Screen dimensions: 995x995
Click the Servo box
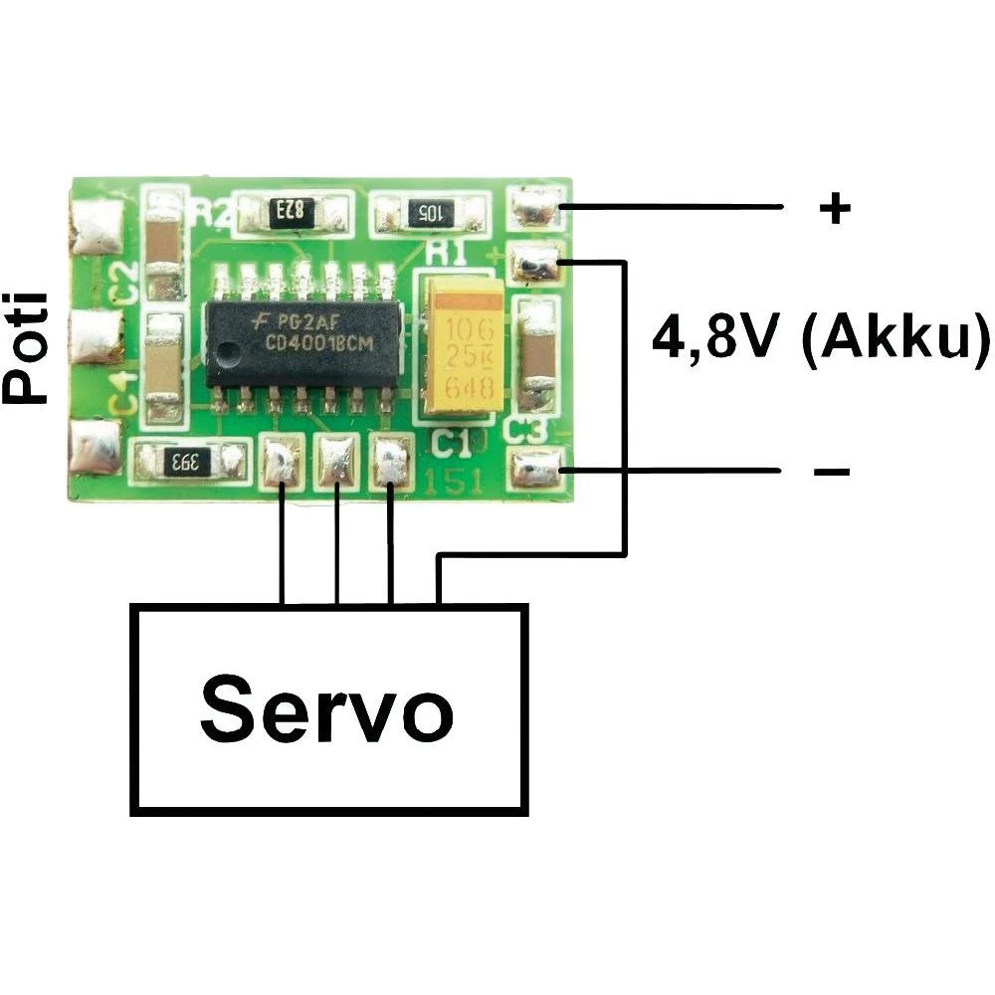pos(329,708)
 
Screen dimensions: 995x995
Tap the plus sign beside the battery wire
pos(835,208)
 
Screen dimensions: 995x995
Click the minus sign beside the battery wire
pos(832,471)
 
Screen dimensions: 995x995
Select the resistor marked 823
pos(291,211)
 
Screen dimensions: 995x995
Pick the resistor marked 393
pos(189,462)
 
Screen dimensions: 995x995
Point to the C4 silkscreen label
pos(123,392)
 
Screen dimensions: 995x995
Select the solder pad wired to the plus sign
pos(535,208)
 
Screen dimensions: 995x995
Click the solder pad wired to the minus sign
pos(535,469)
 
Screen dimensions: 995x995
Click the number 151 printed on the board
pos(454,483)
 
